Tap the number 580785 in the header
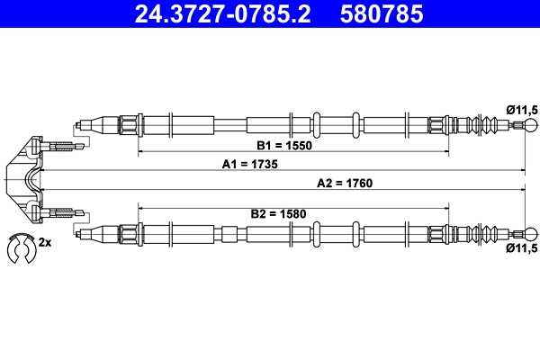[381, 14]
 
